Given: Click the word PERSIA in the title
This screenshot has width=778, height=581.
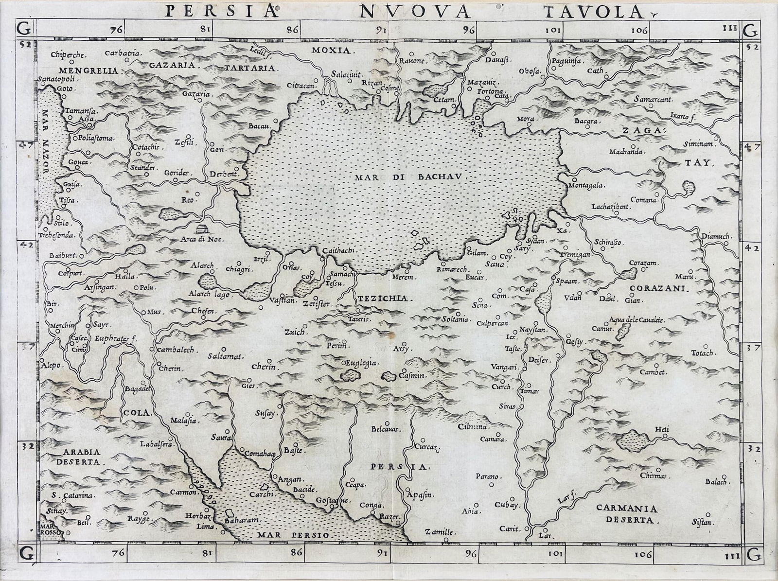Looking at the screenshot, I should (x=221, y=11).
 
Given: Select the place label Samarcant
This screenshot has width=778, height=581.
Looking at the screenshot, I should (x=653, y=99).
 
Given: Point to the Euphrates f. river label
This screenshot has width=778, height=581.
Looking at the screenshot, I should (x=116, y=339).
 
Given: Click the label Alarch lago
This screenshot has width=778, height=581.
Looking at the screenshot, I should (x=210, y=294).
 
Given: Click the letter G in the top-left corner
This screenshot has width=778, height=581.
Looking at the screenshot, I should (x=25, y=30).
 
